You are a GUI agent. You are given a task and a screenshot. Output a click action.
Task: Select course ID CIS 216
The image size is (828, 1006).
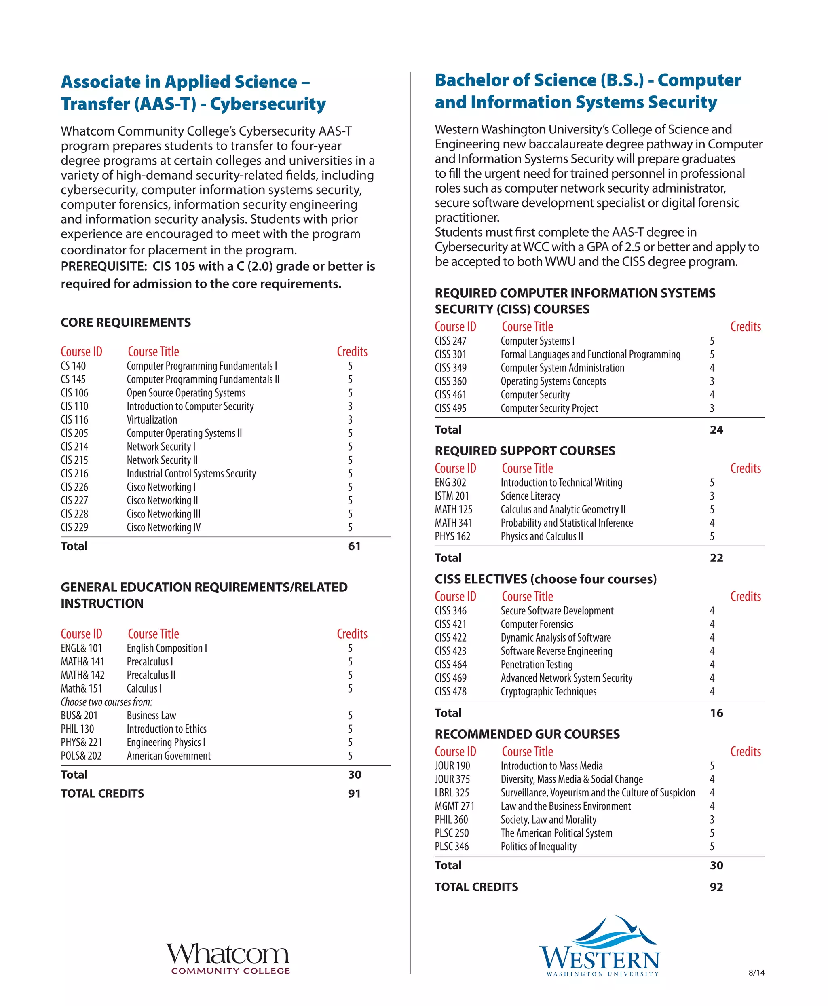point(74,473)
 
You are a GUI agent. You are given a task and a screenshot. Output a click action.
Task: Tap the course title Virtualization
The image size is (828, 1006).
point(152,419)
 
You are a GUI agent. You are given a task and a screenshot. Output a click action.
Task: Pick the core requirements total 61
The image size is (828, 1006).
point(354,546)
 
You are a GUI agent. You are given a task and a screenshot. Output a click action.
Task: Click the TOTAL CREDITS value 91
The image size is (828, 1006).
point(354,793)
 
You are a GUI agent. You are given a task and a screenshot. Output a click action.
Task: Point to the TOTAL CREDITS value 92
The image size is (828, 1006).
point(716,887)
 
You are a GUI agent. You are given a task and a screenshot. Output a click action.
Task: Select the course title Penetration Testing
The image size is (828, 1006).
point(536,664)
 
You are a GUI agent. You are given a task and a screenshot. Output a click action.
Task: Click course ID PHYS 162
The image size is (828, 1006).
point(452,536)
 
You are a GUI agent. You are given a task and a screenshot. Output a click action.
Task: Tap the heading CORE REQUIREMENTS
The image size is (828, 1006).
point(125,323)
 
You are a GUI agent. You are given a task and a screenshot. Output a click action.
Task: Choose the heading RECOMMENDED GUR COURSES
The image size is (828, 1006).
point(527,734)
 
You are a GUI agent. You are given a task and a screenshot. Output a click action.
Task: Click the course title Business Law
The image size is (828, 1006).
point(151,716)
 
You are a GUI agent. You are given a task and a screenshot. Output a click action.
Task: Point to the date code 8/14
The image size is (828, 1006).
point(756,972)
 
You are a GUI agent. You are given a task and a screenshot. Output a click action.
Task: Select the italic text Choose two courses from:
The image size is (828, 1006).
point(106,702)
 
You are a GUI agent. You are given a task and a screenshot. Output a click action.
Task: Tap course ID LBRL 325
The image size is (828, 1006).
point(452,793)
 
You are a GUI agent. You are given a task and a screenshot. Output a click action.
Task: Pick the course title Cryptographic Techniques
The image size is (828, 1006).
point(548,692)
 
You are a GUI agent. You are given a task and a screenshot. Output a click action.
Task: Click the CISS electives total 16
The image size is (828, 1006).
point(716,713)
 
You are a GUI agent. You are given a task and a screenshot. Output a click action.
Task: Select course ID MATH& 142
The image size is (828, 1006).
point(82,675)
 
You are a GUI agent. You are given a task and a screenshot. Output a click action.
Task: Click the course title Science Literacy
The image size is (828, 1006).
point(530,496)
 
